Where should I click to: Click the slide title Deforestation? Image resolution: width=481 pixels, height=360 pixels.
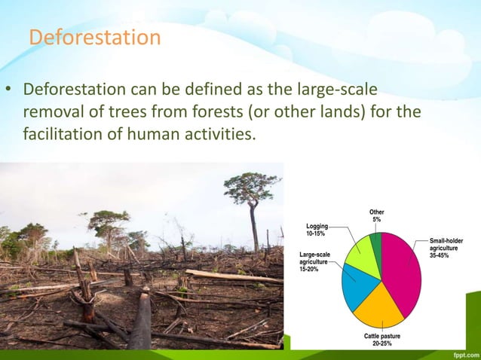click(x=94, y=37)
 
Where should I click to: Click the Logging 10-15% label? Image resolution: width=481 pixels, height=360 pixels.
click(x=317, y=230)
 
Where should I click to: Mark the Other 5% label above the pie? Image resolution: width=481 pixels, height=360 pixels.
click(x=376, y=216)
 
